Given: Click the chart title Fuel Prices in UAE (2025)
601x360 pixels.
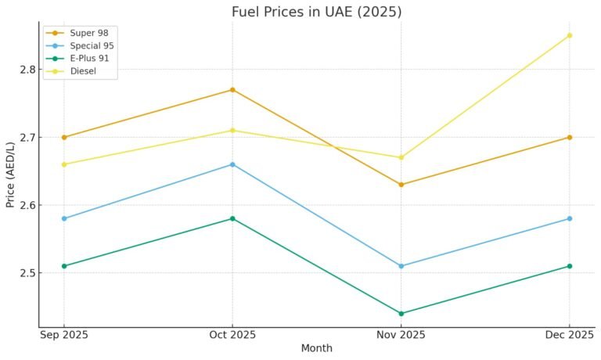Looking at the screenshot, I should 316,12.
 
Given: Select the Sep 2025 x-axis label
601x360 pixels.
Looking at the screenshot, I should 64,335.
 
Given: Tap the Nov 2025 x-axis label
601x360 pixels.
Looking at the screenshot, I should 401,335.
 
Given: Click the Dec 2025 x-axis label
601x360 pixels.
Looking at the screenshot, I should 569,335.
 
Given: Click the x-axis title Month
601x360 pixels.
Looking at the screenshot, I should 316,348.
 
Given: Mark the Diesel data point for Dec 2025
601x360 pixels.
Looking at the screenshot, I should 569,35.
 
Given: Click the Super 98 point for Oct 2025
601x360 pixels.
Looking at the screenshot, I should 232,90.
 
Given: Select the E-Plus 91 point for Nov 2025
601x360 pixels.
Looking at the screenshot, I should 401,313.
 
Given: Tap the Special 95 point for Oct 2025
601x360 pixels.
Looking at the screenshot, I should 232,164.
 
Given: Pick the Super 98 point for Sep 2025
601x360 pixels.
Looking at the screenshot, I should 64,137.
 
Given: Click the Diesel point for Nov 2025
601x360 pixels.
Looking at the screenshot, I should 401,157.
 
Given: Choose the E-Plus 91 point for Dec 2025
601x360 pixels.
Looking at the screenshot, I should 569,266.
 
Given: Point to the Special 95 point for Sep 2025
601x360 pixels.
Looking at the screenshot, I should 64,218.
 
